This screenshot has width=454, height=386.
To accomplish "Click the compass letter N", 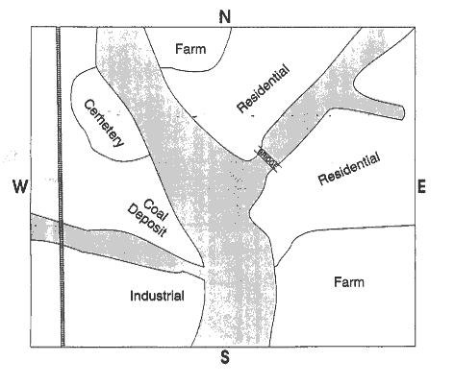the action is pos(225,16).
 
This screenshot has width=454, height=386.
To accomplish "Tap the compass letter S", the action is pos(225,357).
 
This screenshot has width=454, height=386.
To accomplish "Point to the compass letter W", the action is pos(20,186).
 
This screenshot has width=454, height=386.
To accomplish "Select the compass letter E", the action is pos(421,186).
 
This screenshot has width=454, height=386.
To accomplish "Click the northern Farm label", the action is pos(190,49).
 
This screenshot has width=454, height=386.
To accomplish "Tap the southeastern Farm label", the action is pos(349,282).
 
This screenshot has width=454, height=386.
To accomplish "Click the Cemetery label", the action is pos(103,124).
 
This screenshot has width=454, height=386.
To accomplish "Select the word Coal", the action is pos(156,209).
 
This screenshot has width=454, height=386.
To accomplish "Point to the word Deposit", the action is pos(147,221).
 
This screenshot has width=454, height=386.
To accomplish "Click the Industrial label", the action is pos(157,296).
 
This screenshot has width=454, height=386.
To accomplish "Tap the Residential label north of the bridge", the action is pos(263,88).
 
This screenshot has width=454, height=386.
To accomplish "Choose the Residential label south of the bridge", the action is pos(349,169).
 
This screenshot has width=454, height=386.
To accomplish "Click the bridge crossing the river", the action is pos(267,158).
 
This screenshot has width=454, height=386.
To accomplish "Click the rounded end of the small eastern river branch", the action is pos(401,112).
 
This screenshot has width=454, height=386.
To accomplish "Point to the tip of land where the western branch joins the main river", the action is pos(203,266).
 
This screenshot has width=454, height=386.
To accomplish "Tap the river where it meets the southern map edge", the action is pos(230,346).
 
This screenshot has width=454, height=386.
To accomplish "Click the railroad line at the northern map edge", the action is pos(58,28).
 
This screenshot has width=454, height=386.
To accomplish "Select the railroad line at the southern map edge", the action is pos(63,345).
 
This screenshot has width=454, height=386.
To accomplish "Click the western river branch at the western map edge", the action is pos(32,227).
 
